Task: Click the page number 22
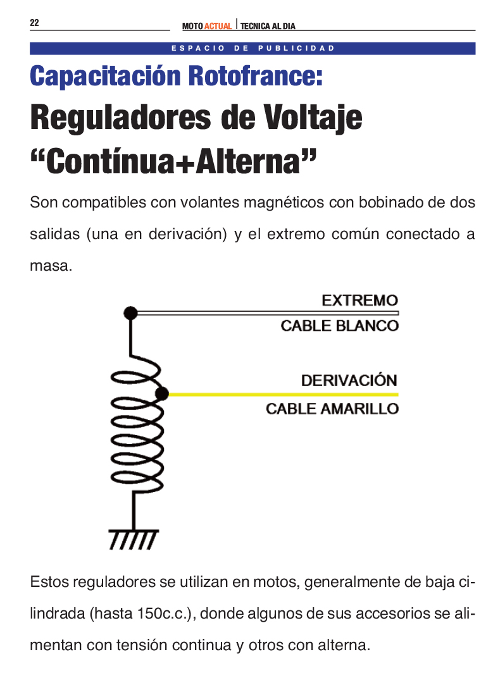click(x=34, y=23)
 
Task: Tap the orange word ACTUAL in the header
click(x=218, y=26)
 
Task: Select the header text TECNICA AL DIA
click(x=268, y=26)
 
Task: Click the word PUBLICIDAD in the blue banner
click(x=296, y=48)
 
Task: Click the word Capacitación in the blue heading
click(x=105, y=77)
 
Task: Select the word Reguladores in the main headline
click(x=121, y=118)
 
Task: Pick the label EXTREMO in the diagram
click(x=360, y=300)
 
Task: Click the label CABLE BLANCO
click(x=339, y=326)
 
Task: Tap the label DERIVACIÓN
click(x=349, y=380)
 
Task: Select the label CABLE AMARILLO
click(x=332, y=409)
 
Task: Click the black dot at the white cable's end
click(x=130, y=313)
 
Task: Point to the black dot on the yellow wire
click(x=162, y=393)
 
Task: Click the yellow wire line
click(x=284, y=394)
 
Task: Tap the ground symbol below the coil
click(x=134, y=540)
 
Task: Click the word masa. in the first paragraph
click(x=51, y=266)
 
